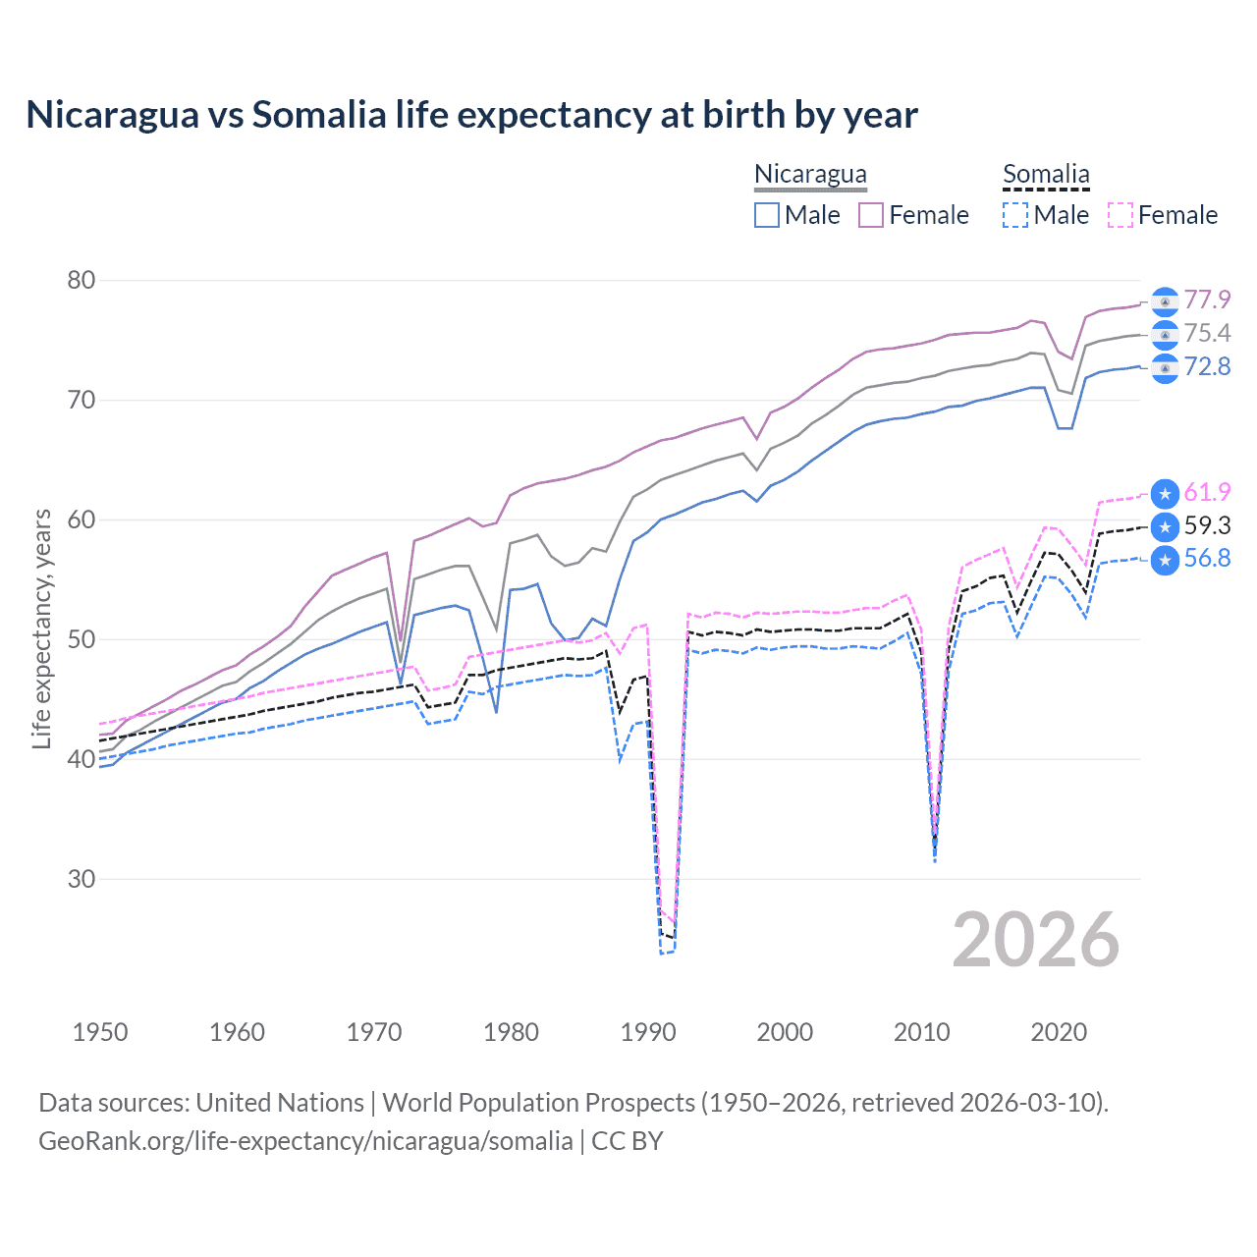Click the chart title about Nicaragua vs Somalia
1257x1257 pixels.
coord(471,115)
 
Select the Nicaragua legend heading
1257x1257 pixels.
coord(810,175)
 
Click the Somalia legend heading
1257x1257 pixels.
coord(1046,175)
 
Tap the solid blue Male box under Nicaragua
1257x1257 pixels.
coord(767,215)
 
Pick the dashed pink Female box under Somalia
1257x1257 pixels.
coord(1120,215)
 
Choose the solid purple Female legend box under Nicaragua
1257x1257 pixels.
coord(871,215)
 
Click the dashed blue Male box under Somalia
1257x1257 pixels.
coord(1015,215)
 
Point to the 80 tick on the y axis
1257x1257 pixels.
coord(82,281)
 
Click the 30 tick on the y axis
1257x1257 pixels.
coord(82,879)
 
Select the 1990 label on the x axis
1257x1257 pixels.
coord(648,1032)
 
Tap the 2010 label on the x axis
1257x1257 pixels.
coord(921,1032)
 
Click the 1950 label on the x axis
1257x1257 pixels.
coord(100,1032)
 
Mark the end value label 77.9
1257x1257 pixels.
coord(1207,300)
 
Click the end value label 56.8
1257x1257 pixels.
coord(1207,559)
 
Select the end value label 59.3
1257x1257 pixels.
coord(1207,525)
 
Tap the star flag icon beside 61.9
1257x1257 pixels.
coord(1165,494)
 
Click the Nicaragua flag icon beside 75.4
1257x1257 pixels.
coord(1165,335)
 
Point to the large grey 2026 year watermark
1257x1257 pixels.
coord(1035,940)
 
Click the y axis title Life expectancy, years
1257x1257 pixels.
coord(42,628)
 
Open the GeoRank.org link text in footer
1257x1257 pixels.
coord(305,1141)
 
